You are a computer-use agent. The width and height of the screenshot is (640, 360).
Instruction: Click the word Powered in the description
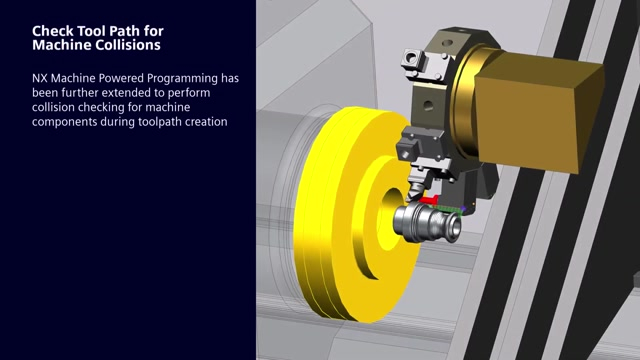tap(119, 78)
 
